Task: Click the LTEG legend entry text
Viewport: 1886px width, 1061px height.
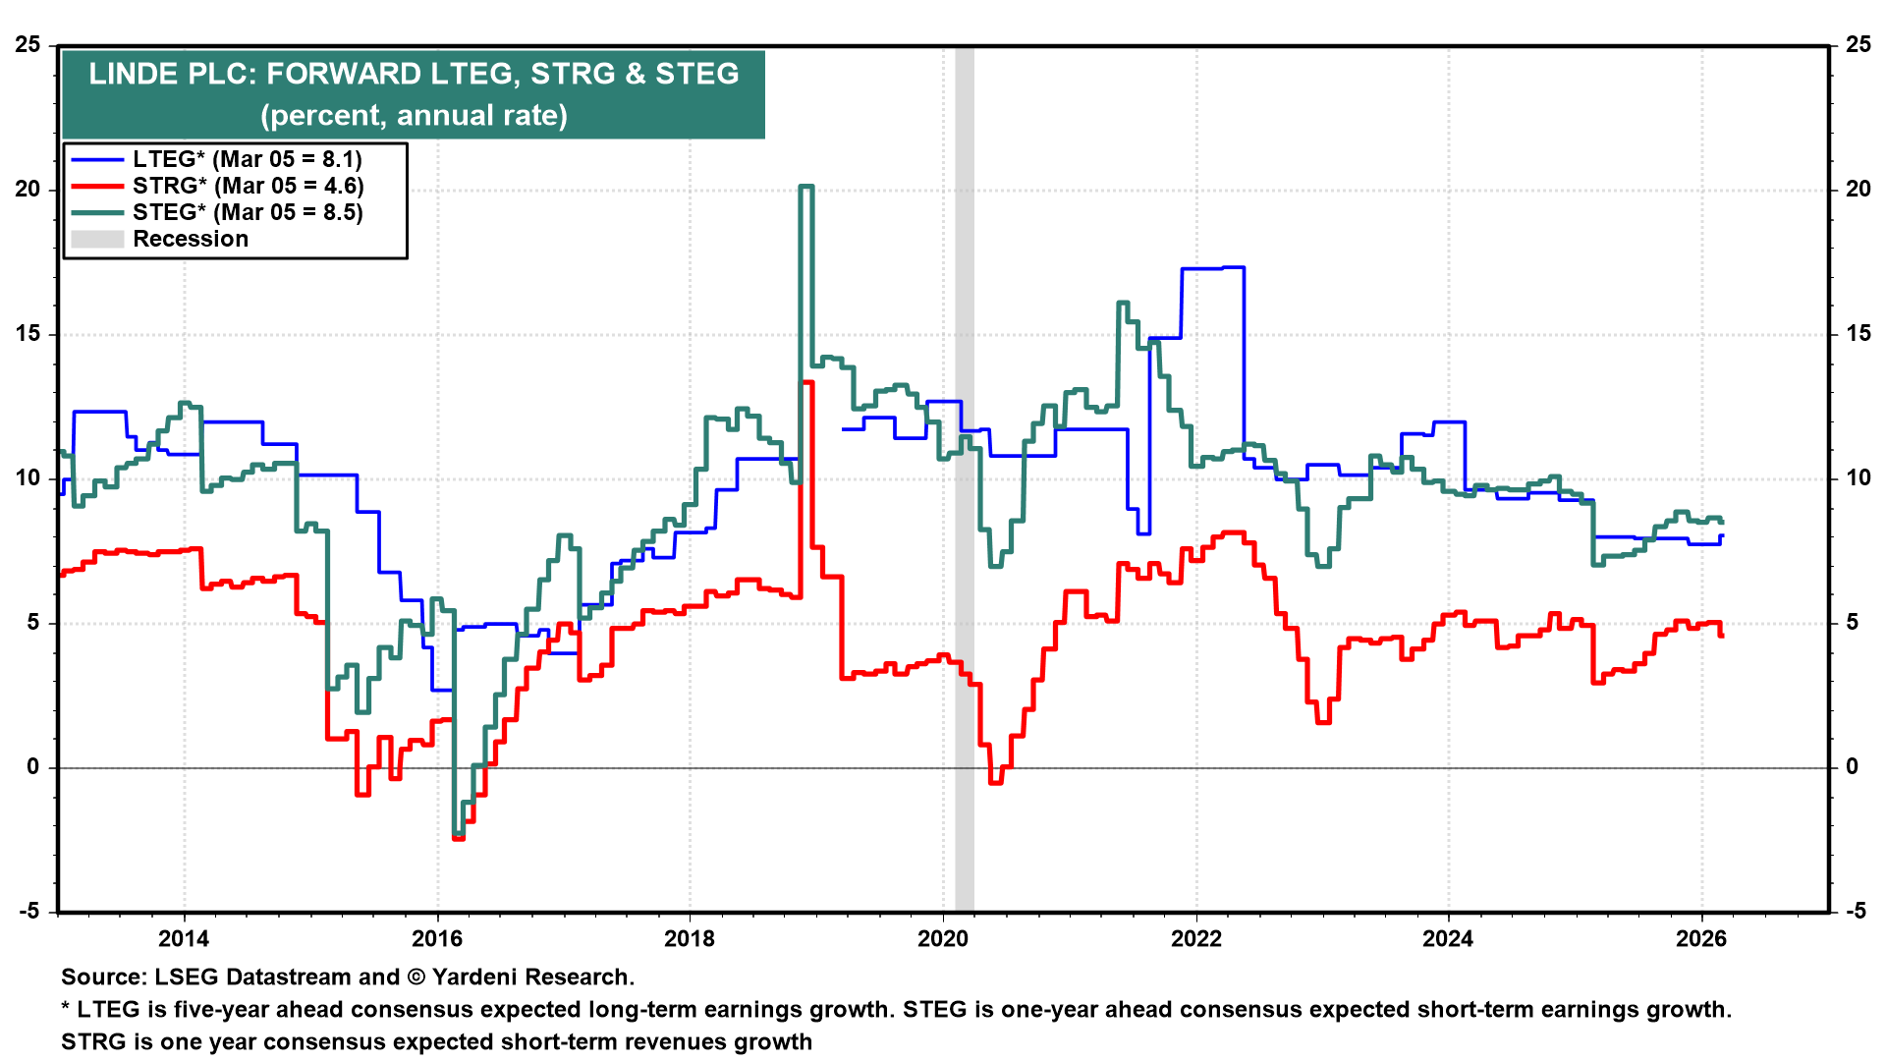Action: [x=248, y=159]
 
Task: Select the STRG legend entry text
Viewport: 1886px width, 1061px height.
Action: [x=248, y=186]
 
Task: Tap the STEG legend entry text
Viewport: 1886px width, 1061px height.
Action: [x=248, y=212]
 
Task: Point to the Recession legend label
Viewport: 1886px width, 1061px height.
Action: [x=191, y=239]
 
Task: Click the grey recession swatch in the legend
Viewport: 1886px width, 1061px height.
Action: [x=97, y=239]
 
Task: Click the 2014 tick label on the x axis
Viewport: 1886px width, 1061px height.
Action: [x=184, y=938]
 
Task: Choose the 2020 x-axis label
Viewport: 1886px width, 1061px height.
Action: [x=943, y=938]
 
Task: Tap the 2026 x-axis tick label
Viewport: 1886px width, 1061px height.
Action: [x=1701, y=938]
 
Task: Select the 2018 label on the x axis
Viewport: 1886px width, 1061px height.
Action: [x=690, y=938]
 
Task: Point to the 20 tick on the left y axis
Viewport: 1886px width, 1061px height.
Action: [x=28, y=190]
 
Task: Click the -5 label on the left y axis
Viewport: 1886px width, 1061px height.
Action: [x=28, y=911]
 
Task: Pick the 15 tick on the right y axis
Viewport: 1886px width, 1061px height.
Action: [x=1858, y=334]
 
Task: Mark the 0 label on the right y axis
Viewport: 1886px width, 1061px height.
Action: [x=1852, y=767]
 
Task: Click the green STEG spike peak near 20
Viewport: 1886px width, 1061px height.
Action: [x=806, y=187]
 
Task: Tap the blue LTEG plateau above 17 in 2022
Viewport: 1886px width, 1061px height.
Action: [x=1213, y=268]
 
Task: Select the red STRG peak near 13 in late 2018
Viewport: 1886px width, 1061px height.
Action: [x=807, y=382]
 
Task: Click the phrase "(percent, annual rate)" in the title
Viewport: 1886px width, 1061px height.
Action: [x=414, y=115]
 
